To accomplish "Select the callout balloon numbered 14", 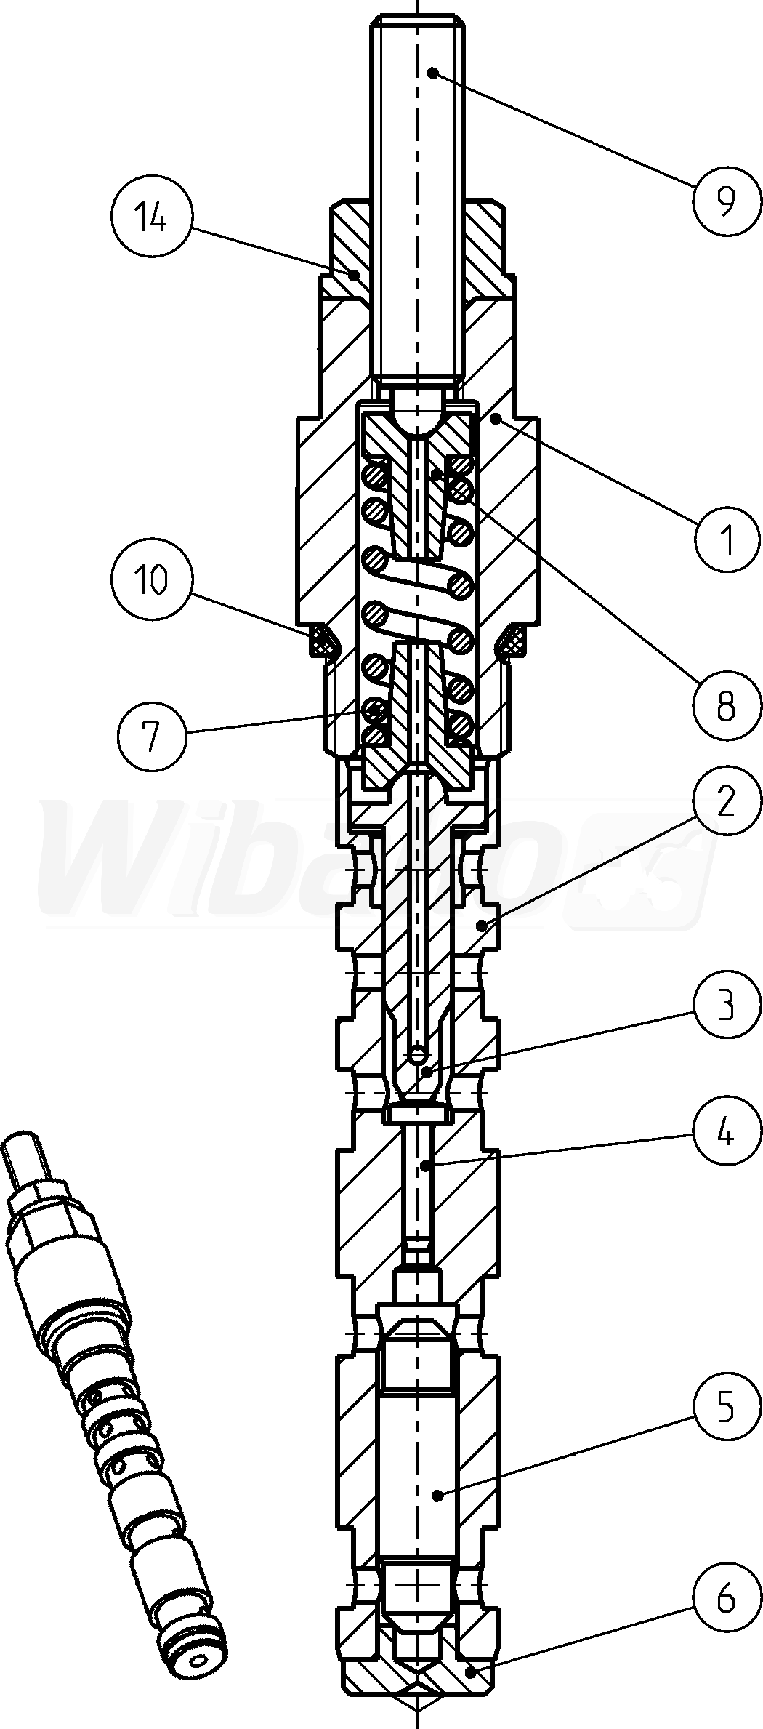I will pyautogui.click(x=152, y=217).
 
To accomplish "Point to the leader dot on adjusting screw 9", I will pyautogui.click(x=432, y=72).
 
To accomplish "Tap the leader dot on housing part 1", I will pyautogui.click(x=494, y=418).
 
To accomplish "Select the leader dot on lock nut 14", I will pyautogui.click(x=354, y=274).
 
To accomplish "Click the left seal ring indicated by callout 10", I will pyautogui.click(x=323, y=641).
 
